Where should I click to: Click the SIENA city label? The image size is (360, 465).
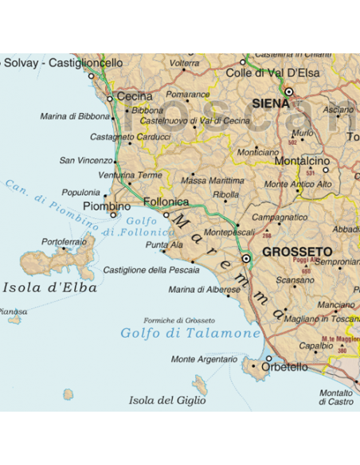268,104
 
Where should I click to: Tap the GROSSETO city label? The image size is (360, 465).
297,252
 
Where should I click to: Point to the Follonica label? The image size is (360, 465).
166,202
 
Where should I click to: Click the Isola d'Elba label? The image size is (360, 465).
49,287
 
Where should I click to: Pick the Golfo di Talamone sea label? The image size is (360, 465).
191,333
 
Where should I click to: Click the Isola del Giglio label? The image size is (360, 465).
167,400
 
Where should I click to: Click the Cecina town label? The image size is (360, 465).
135,96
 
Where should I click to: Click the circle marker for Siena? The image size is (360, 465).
289,92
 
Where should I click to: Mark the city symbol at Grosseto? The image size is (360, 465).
247,258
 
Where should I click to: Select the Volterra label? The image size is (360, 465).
185,63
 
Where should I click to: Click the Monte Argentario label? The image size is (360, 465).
204,359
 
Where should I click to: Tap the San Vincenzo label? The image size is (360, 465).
86,161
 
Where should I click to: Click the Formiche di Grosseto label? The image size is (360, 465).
179,320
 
